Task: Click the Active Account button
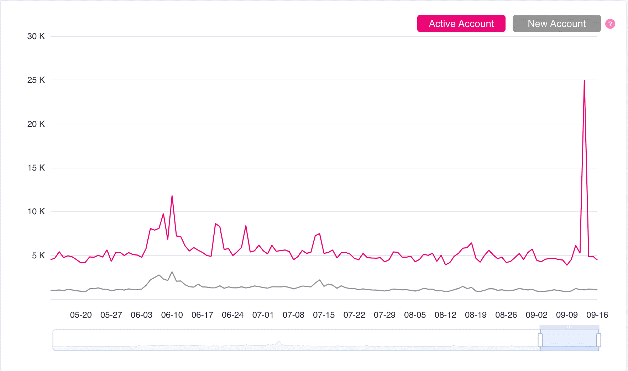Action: tap(461, 23)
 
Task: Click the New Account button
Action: tap(556, 23)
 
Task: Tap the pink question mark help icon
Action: tap(610, 24)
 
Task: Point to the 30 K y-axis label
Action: tap(36, 36)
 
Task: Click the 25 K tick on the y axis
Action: tap(36, 80)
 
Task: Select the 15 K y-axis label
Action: tap(36, 168)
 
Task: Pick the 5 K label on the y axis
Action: tap(38, 256)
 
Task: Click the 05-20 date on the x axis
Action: tap(81, 315)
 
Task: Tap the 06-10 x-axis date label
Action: tap(172, 315)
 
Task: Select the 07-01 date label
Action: tap(263, 315)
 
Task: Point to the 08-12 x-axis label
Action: tap(445, 315)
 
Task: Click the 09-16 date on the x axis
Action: tap(597, 315)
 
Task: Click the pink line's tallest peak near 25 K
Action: tap(584, 81)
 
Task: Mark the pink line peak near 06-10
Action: tap(172, 196)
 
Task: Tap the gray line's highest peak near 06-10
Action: tap(172, 272)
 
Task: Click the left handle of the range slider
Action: tap(540, 340)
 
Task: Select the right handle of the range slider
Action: tap(598, 340)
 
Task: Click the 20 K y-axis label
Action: tap(36, 124)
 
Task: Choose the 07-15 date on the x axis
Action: tap(324, 315)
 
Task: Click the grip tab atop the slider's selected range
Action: tap(569, 327)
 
